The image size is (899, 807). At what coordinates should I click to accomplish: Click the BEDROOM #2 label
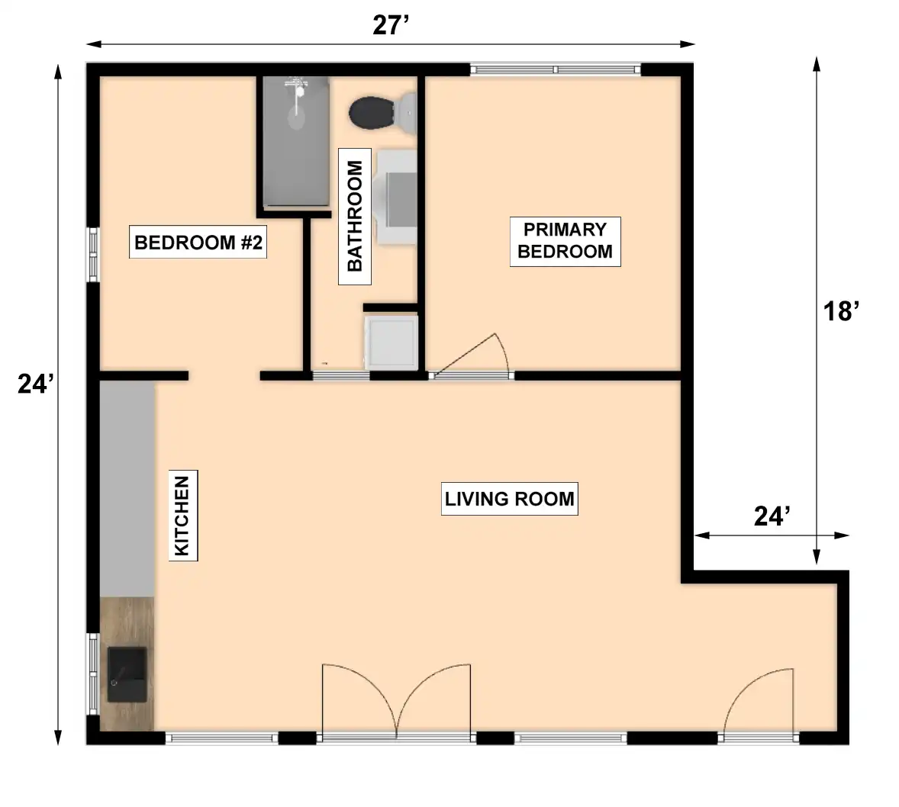click(x=198, y=243)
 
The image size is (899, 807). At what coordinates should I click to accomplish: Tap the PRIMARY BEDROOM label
click(x=565, y=241)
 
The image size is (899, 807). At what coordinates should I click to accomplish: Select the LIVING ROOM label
click(x=510, y=499)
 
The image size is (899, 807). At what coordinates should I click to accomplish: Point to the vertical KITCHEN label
click(x=183, y=516)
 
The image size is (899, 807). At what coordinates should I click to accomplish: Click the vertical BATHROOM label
click(x=355, y=216)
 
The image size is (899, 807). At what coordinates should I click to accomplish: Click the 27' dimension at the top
click(x=391, y=25)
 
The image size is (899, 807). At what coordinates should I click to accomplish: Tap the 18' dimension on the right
click(x=841, y=311)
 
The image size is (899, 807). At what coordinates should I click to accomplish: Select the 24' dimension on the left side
click(x=36, y=384)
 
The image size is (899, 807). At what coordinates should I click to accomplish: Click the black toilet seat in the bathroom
click(x=371, y=112)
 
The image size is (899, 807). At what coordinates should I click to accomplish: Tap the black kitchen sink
click(x=127, y=674)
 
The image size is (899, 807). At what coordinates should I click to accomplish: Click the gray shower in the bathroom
click(x=296, y=141)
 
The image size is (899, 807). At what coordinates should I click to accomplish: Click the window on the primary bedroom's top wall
click(x=556, y=70)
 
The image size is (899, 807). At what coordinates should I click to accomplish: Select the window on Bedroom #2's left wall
click(x=93, y=255)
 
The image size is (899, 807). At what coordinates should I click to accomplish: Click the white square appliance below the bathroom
click(x=391, y=342)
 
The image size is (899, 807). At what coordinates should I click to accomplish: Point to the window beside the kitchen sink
click(x=92, y=674)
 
